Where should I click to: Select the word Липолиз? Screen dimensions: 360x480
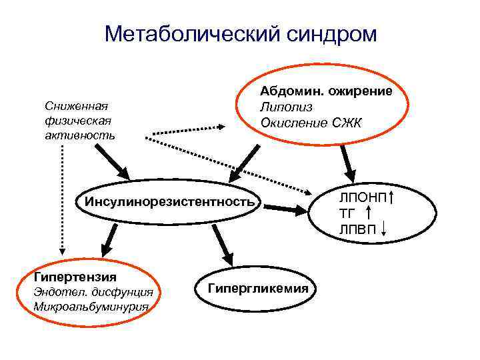pyautogui.click(x=287, y=107)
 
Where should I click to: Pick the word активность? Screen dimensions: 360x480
pyautogui.click(x=79, y=135)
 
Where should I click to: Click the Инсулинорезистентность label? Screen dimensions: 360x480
pyautogui.click(x=166, y=201)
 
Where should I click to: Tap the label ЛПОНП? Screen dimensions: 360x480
pyautogui.click(x=362, y=198)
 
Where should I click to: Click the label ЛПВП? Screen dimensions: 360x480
pyautogui.click(x=358, y=230)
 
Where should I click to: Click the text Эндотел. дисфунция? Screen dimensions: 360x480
pyautogui.click(x=93, y=292)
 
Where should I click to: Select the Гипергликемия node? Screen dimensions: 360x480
pyautogui.click(x=258, y=288)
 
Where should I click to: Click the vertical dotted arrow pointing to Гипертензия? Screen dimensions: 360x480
pyautogui.click(x=62, y=200)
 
